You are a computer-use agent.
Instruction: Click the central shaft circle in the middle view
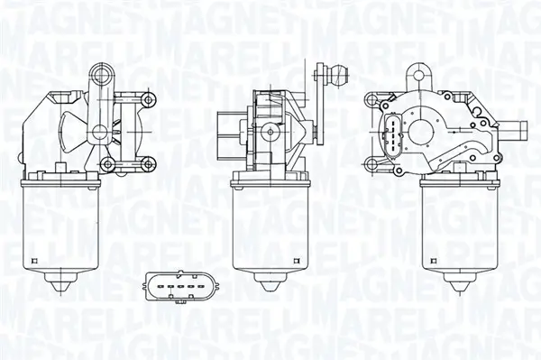tap(269, 133)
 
